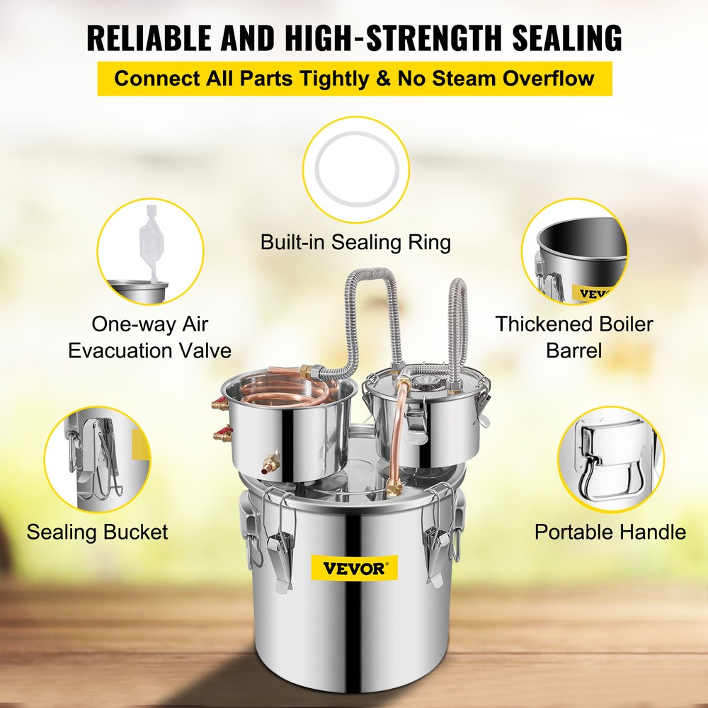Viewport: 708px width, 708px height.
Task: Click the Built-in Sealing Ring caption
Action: tap(355, 242)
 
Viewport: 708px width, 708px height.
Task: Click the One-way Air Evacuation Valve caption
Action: tap(149, 337)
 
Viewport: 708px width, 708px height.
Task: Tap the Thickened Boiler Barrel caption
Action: tap(573, 337)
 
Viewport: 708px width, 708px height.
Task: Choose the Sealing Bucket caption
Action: tap(97, 532)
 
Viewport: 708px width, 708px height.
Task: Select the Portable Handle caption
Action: tap(610, 532)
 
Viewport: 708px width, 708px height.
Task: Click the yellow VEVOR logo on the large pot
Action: tap(354, 568)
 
